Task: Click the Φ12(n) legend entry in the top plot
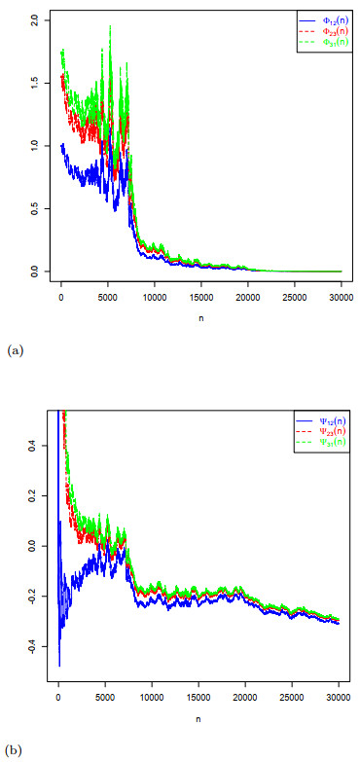tap(324, 19)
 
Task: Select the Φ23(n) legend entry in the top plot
tap(324, 30)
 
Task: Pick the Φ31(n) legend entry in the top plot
tap(324, 41)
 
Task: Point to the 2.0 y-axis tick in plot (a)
tap(35, 19)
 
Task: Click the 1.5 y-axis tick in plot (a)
tap(35, 83)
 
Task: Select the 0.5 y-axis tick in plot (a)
tap(35, 208)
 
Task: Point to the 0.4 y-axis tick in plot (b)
tap(35, 446)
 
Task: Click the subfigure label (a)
tap(14, 347)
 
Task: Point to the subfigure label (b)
tap(14, 750)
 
